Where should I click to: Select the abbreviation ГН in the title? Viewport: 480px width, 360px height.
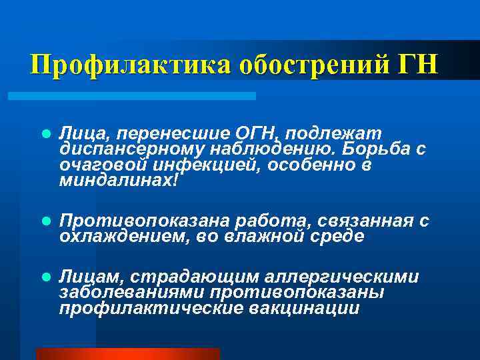tap(417, 65)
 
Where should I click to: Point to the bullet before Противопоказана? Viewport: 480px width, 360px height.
tap(45, 220)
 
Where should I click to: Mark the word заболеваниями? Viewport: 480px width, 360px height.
tap(131, 292)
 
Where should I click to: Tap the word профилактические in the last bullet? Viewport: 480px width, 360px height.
tap(151, 308)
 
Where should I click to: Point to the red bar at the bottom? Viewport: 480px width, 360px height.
tap(127, 354)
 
